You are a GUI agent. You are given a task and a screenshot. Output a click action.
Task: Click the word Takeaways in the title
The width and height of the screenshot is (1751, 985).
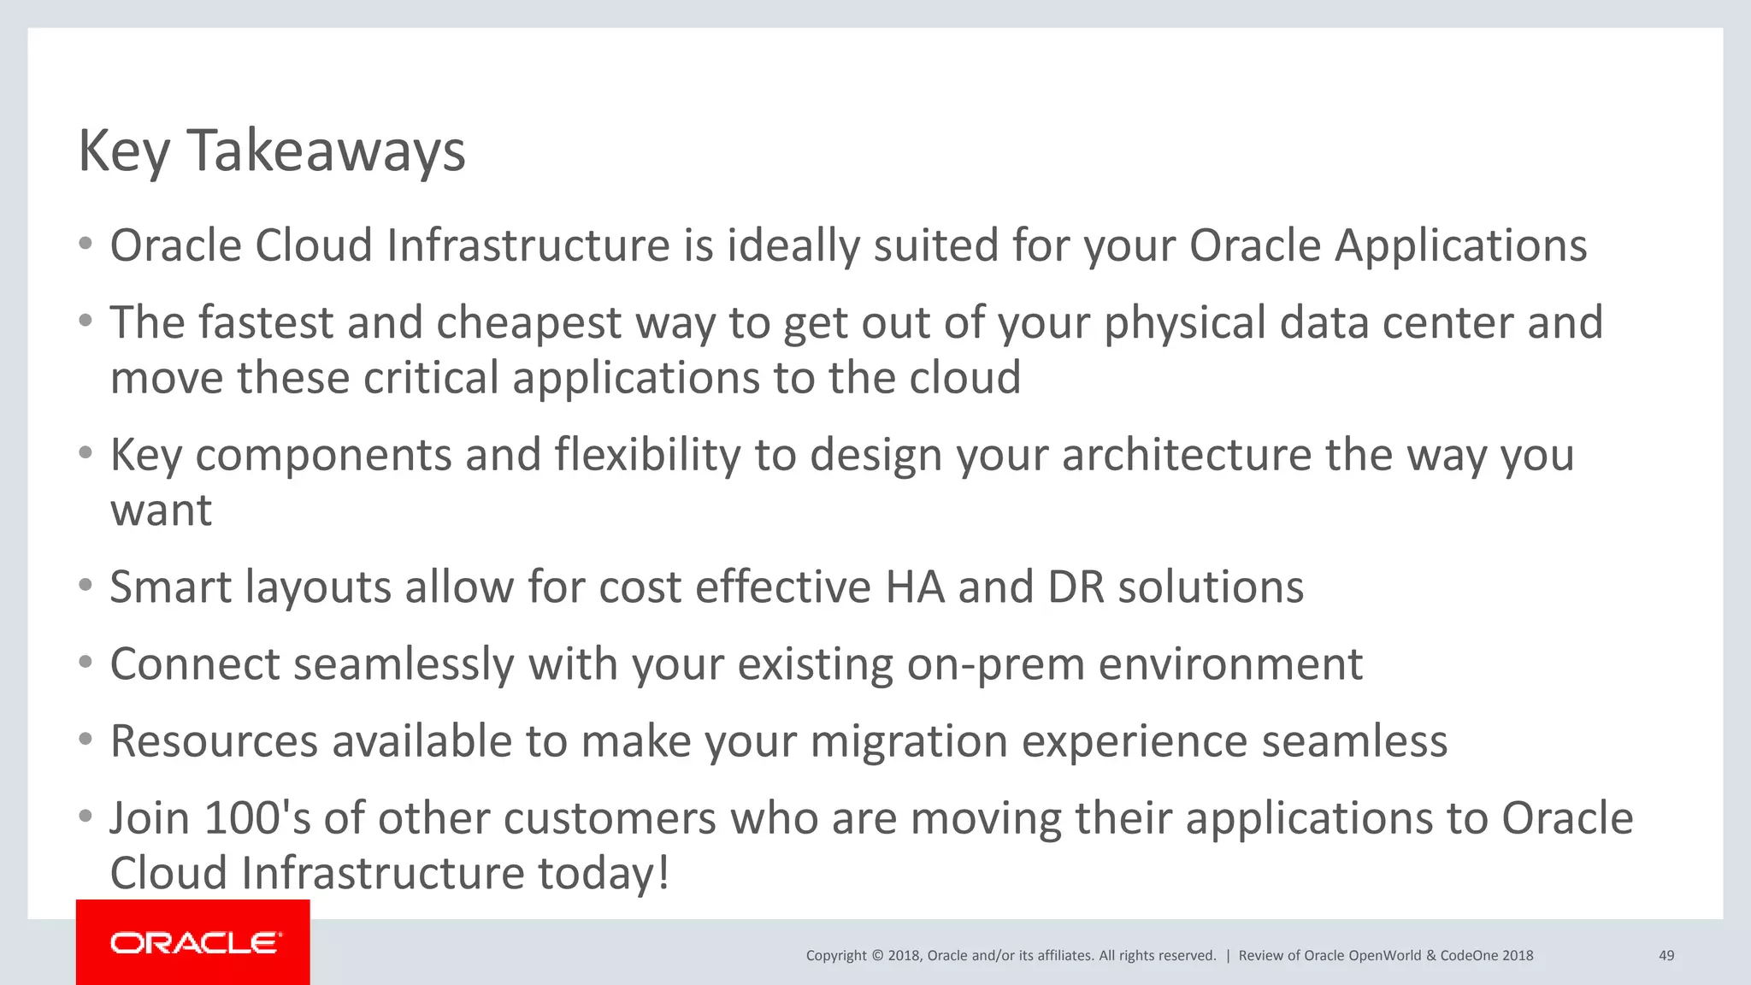point(326,151)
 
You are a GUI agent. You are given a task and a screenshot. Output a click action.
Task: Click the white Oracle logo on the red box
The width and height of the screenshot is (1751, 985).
point(196,942)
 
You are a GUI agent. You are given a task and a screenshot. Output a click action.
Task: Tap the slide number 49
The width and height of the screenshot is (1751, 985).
point(1666,955)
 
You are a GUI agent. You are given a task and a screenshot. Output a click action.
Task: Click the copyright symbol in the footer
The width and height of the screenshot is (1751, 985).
point(876,955)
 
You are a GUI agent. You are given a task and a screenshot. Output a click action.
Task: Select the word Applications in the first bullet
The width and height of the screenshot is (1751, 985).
point(1460,247)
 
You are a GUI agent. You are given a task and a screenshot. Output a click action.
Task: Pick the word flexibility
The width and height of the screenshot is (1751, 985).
point(647,455)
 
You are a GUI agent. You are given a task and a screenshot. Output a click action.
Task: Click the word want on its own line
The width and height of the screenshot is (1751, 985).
point(161,510)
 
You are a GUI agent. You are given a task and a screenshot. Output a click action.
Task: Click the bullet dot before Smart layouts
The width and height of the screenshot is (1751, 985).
point(85,586)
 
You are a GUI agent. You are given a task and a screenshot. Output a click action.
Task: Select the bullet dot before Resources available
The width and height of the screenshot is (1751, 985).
point(85,740)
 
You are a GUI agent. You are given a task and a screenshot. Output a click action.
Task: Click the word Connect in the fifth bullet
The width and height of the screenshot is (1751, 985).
point(195,664)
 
